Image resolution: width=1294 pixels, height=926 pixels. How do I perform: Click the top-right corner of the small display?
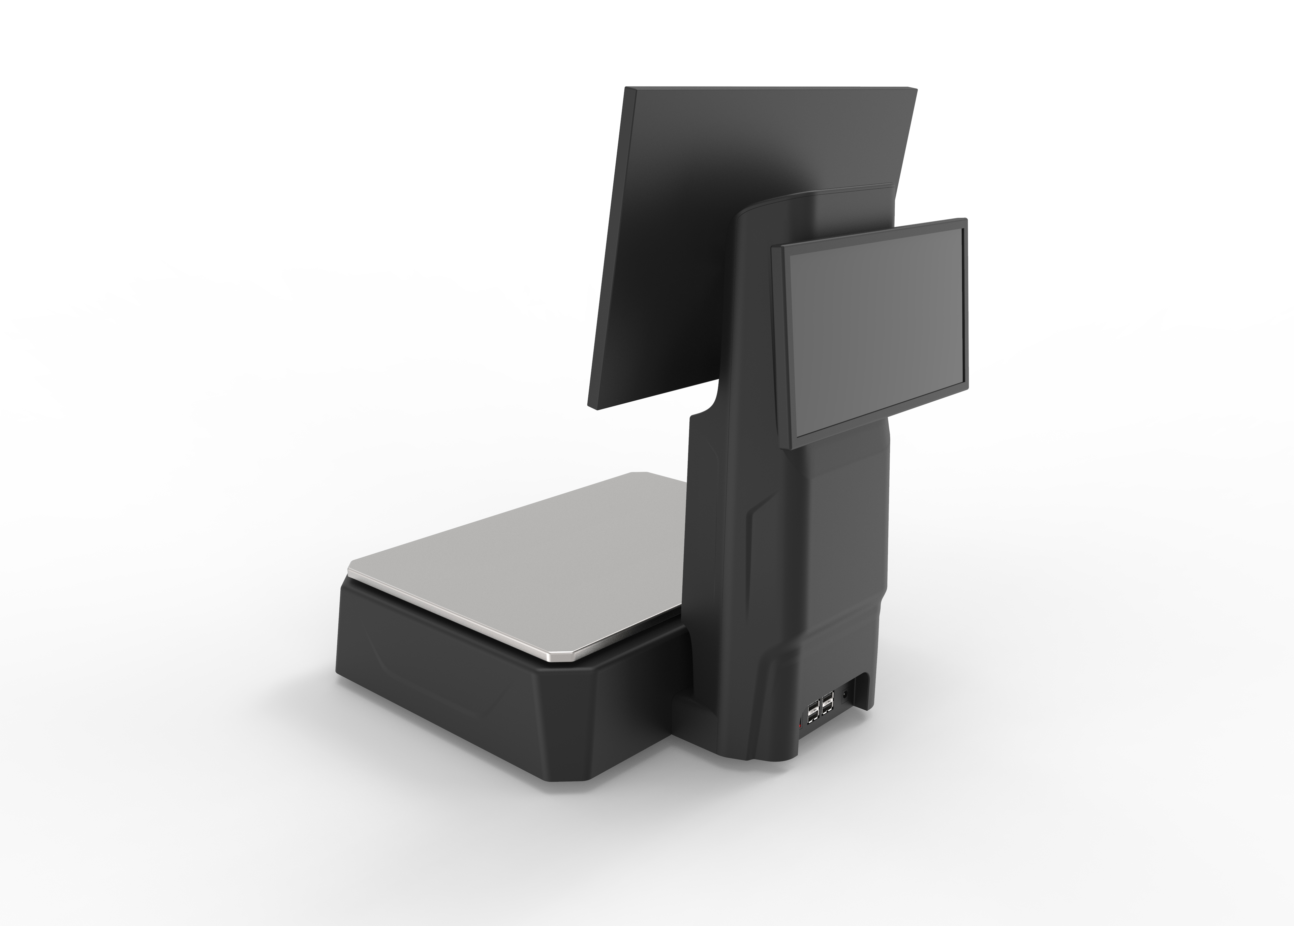[966, 219]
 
